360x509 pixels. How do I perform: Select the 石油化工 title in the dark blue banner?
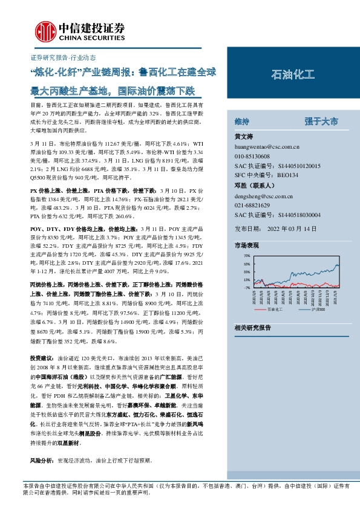pyautogui.click(x=293, y=75)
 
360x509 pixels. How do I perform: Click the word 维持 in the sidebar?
pyautogui.click(x=242, y=121)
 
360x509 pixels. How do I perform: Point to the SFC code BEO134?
pyautogui.click(x=287, y=175)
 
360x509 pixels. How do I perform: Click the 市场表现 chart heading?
pyautogui.click(x=246, y=245)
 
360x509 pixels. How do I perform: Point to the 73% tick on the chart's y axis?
pyautogui.click(x=246, y=257)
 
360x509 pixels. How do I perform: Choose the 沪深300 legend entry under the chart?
pyautogui.click(x=318, y=309)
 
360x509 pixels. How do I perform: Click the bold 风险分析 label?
pyautogui.click(x=43, y=460)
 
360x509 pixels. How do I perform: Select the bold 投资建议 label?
pyautogui.click(x=43, y=357)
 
